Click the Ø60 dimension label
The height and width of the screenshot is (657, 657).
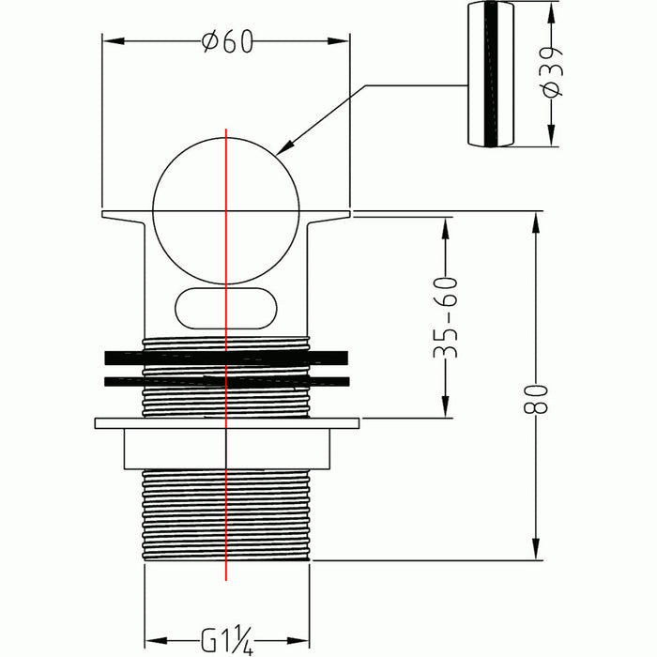click(227, 41)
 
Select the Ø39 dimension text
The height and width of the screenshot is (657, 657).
click(552, 72)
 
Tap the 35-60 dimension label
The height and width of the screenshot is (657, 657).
click(446, 317)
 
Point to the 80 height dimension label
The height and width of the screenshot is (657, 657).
click(536, 399)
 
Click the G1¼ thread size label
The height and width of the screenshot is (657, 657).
click(227, 639)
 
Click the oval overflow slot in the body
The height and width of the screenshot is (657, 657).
click(226, 309)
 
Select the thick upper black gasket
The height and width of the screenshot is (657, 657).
click(226, 358)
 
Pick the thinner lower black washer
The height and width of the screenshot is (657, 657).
click(227, 381)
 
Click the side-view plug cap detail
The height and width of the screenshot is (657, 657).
click(491, 74)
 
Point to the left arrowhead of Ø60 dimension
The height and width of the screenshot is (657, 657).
click(114, 41)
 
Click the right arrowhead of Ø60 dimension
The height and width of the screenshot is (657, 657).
click(338, 41)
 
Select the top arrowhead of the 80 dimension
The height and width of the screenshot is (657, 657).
click(536, 223)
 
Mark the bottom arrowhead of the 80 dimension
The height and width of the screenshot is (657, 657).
click(536, 549)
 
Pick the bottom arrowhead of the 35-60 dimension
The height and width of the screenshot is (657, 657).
click(446, 406)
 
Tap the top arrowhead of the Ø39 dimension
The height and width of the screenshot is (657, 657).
click(552, 12)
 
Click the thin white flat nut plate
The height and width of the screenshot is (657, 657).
click(227, 423)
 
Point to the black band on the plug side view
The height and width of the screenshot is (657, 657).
click(491, 74)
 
